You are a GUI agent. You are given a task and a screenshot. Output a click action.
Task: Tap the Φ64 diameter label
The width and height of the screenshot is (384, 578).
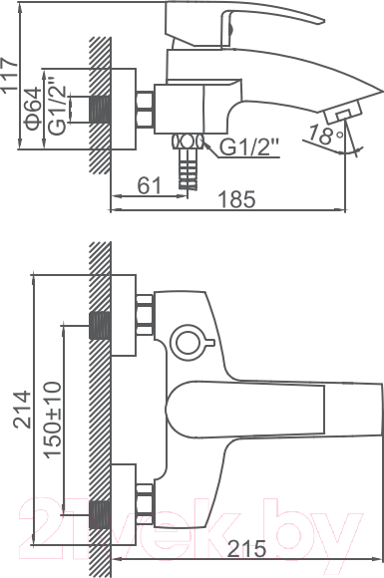(33, 108)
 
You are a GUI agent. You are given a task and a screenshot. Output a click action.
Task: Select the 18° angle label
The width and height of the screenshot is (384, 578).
(326, 135)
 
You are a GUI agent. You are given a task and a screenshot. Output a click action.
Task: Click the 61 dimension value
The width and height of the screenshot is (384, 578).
(150, 185)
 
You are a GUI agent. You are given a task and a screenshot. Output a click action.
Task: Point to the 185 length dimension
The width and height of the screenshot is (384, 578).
(236, 199)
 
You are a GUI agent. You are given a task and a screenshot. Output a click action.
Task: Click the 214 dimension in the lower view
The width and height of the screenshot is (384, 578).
(22, 410)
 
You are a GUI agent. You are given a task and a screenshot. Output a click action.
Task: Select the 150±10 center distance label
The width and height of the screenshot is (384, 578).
(53, 420)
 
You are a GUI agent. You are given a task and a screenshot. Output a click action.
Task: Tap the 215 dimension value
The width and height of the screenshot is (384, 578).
(246, 549)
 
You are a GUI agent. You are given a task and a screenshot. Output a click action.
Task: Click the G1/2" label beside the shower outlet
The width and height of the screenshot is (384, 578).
(250, 147)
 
